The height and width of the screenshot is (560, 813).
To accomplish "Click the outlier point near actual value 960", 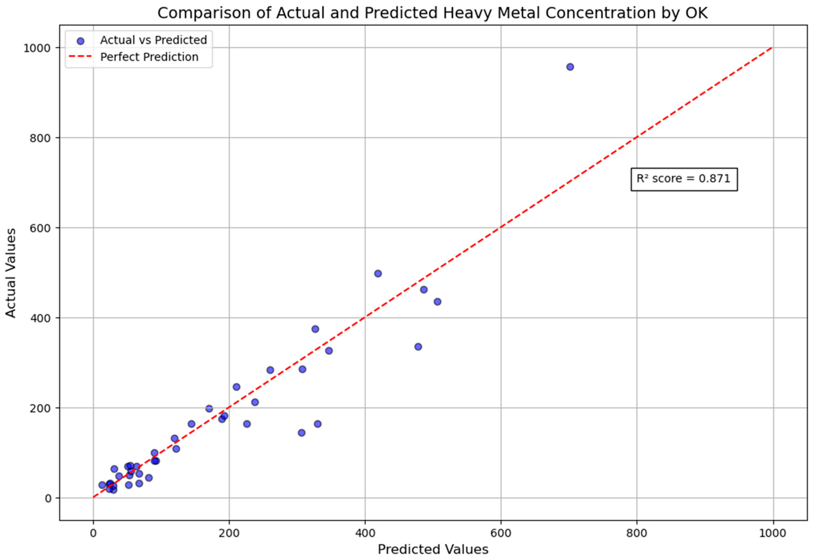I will tap(570, 67).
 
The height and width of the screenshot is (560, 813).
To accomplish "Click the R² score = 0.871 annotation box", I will tap(683, 179).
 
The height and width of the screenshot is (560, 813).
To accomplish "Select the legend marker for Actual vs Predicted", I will tap(80, 41).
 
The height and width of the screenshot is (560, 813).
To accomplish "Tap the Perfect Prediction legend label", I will tap(149, 57).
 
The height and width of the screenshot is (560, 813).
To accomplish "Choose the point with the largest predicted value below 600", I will tap(437, 302).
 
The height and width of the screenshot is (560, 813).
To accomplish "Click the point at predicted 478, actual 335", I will tap(418, 347).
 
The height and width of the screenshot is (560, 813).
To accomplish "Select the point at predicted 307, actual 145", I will tap(301, 433).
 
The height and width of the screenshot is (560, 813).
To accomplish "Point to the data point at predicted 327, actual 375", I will tap(315, 329).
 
